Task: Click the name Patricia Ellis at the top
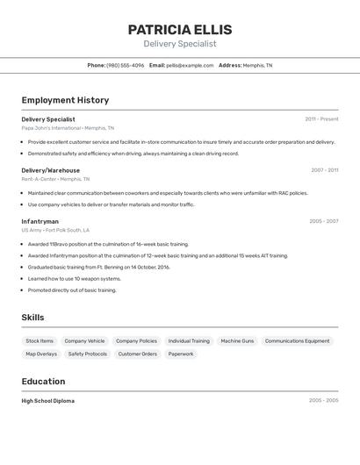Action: tap(180, 28)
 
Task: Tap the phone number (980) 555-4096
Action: tap(125, 65)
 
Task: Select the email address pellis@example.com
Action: tap(191, 65)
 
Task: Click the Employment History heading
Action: tap(65, 100)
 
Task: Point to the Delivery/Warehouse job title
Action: tap(50, 170)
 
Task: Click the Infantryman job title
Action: tap(40, 221)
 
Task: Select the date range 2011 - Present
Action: tap(321, 119)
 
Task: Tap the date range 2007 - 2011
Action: tap(324, 170)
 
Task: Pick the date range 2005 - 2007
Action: tap(323, 221)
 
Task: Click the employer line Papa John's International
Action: tap(68, 128)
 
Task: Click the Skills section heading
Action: tap(32, 318)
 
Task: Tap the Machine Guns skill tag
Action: tap(237, 340)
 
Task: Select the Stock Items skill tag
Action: tap(40, 340)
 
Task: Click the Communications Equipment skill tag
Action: tap(297, 340)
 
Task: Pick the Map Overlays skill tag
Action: tap(41, 354)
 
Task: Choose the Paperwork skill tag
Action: tap(181, 354)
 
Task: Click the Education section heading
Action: tap(43, 382)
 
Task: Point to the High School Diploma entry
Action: tap(47, 401)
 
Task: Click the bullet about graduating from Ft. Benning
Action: tap(98, 267)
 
